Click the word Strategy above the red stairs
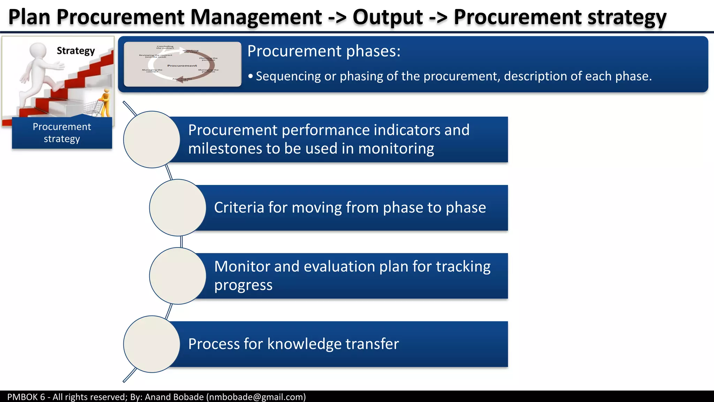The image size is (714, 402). [76, 51]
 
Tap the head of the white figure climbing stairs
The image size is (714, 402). [38, 51]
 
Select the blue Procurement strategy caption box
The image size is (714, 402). [62, 133]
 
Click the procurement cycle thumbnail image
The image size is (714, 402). [182, 64]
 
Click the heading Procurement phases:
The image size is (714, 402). [324, 51]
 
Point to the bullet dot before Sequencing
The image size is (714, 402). [250, 76]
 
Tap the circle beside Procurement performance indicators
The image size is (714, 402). [152, 140]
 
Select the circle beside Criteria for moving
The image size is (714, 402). [177, 208]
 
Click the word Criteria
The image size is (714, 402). [239, 208]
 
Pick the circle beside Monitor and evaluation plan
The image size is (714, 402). [177, 276]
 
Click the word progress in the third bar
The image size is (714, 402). [243, 285]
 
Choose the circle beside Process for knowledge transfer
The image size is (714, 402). [152, 344]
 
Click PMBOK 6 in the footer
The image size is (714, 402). [26, 397]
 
